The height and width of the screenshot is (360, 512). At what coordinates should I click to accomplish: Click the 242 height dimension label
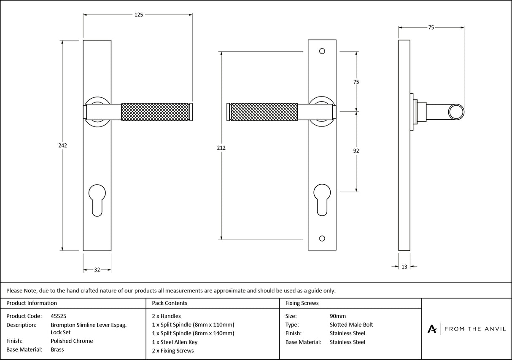pos(62,145)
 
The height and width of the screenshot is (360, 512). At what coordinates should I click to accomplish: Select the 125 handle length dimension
pos(138,15)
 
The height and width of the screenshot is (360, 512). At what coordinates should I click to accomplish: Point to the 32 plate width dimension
pos(97,270)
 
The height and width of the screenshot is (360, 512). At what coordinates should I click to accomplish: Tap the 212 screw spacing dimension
pos(221,148)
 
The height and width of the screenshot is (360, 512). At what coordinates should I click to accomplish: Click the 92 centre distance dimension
pos(356,151)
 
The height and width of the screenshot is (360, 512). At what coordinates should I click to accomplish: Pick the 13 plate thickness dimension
pos(404,266)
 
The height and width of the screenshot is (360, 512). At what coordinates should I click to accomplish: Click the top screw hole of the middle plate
pos(322,51)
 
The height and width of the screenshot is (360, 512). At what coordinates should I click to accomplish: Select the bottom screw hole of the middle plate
pos(322,239)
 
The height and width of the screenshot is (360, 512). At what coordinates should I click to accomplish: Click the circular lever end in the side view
pos(456,112)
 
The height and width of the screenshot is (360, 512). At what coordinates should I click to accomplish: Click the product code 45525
pos(58,316)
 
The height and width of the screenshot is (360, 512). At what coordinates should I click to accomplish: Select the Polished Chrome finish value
pos(72,341)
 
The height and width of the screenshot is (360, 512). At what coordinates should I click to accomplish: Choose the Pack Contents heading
pos(170,303)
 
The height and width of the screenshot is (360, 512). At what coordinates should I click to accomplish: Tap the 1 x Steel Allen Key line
pos(175,342)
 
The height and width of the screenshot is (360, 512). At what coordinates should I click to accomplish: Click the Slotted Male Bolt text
pos(351,325)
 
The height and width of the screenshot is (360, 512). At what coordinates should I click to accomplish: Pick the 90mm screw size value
pos(337,316)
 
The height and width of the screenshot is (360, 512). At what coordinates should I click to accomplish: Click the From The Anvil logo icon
pos(432,329)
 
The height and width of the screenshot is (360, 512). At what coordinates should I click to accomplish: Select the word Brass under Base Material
pos(57,350)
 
